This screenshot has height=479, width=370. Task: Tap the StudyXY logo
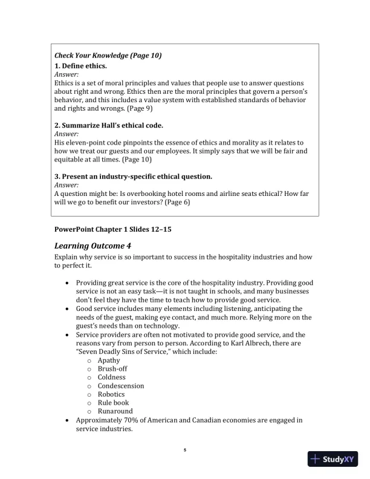(x=333, y=459)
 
